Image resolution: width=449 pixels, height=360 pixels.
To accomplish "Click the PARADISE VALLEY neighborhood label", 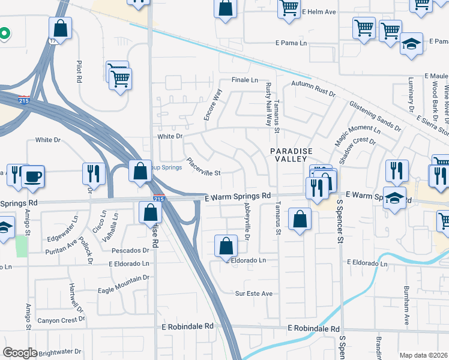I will [289, 154].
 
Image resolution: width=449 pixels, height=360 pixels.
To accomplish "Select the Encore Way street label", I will [212, 105].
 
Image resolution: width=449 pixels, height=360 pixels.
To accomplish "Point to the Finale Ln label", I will [245, 80].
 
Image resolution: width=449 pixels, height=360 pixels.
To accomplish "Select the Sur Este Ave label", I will [253, 293].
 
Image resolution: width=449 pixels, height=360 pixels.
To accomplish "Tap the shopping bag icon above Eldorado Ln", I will [225, 246].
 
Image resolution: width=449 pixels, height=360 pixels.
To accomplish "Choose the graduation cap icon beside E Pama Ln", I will [411, 44].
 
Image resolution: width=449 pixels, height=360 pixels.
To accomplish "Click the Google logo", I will [20, 353].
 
